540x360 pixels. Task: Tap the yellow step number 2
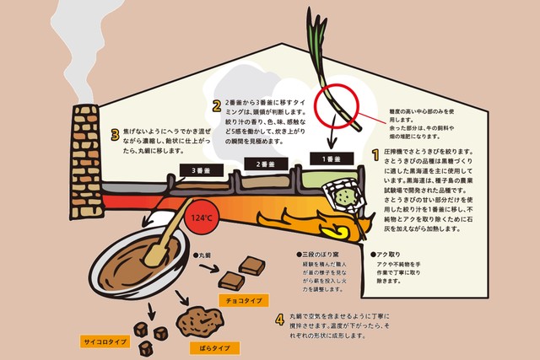(x=216, y=105)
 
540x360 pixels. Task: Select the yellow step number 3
(x=116, y=134)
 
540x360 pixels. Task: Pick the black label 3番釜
(x=197, y=169)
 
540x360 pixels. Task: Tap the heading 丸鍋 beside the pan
(x=202, y=253)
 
